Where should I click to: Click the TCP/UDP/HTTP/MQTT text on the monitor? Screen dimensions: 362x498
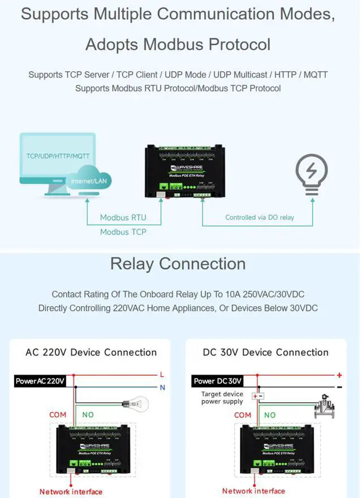pos(58,155)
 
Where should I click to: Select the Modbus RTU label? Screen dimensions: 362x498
pos(123,217)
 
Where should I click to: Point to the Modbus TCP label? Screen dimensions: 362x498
pos(123,232)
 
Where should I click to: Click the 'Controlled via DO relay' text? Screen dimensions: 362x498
pos(260,217)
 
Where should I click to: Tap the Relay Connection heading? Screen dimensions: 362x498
pos(178,264)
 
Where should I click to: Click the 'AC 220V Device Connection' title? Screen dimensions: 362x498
pos(91,352)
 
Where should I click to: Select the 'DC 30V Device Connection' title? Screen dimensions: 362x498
pos(265,352)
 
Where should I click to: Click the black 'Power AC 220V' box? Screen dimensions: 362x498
pos(40,381)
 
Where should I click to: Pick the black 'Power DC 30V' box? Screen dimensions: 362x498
pos(218,381)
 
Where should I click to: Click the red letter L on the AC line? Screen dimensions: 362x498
pos(162,375)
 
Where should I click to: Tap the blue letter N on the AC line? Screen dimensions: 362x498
pos(162,388)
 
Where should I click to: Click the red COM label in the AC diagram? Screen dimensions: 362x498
pos(58,415)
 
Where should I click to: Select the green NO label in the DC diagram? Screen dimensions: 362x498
pos(270,415)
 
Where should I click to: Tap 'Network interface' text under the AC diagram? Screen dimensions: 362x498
pos(71,491)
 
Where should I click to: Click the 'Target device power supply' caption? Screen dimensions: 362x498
pos(222,398)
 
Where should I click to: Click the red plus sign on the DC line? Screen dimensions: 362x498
pos(339,375)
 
